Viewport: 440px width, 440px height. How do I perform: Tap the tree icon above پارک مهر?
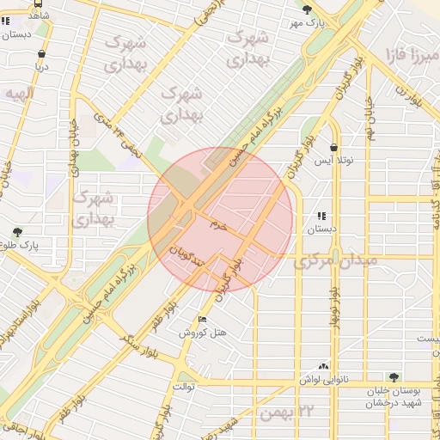[308, 9]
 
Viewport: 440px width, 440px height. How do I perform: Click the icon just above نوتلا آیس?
[333, 146]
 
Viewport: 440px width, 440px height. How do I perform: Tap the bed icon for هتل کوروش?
[203, 319]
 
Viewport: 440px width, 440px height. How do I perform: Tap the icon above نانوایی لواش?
[324, 365]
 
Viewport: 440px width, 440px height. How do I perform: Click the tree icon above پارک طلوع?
[17, 232]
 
